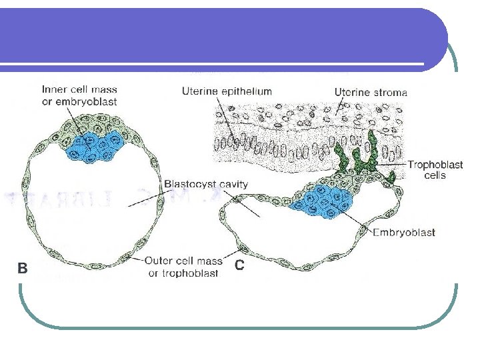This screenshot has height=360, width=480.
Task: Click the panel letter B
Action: [x=22, y=268]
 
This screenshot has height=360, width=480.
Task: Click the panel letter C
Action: [x=241, y=265]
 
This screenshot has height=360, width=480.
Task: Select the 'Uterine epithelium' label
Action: [x=227, y=91]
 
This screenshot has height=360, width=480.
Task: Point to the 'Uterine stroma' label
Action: [x=371, y=92]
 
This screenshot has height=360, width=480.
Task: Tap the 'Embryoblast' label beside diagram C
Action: [x=404, y=232]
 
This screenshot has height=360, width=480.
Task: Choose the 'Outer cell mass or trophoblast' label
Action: [x=181, y=267]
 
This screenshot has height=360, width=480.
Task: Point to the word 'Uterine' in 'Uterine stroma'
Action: [x=351, y=92]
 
